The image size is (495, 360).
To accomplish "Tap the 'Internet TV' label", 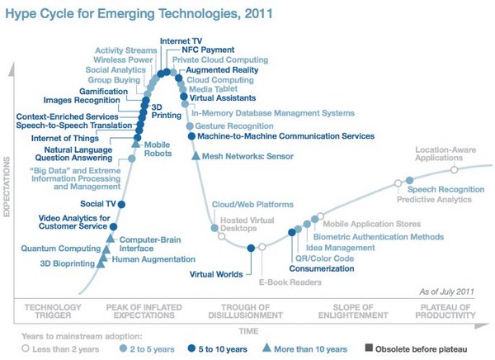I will [181, 40].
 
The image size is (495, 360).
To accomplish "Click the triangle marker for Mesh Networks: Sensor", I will [195, 155].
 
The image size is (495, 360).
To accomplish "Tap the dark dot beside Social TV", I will [122, 204].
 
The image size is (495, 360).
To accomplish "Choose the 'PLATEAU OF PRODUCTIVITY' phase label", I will [445, 311].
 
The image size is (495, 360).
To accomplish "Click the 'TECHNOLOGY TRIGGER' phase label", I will [53, 311].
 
